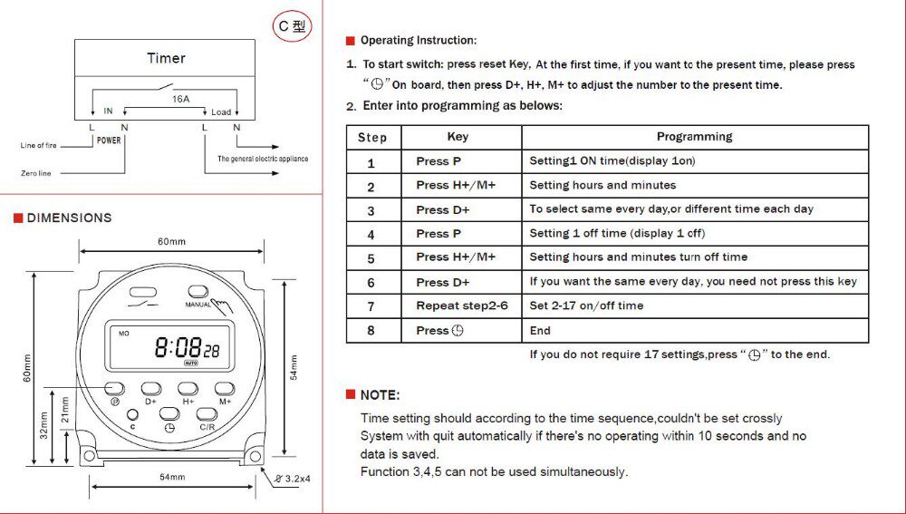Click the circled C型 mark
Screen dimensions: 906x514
click(292, 26)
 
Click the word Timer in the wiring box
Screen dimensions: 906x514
click(166, 58)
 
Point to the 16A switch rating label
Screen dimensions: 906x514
click(180, 99)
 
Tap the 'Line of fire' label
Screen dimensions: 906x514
click(39, 146)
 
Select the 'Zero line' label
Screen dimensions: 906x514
click(36, 173)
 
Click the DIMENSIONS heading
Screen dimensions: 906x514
click(69, 218)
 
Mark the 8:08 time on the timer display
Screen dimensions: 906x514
click(178, 347)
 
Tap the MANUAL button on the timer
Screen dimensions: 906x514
click(198, 291)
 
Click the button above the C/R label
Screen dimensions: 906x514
click(207, 414)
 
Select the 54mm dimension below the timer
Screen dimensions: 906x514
click(172, 477)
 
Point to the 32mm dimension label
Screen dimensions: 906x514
click(43, 425)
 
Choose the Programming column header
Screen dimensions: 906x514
click(695, 137)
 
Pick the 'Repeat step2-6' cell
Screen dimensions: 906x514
click(462, 305)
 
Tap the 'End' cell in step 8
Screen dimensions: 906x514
click(540, 331)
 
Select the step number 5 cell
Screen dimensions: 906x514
click(371, 258)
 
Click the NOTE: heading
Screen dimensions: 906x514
click(380, 395)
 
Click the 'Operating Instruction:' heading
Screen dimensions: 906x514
click(419, 41)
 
